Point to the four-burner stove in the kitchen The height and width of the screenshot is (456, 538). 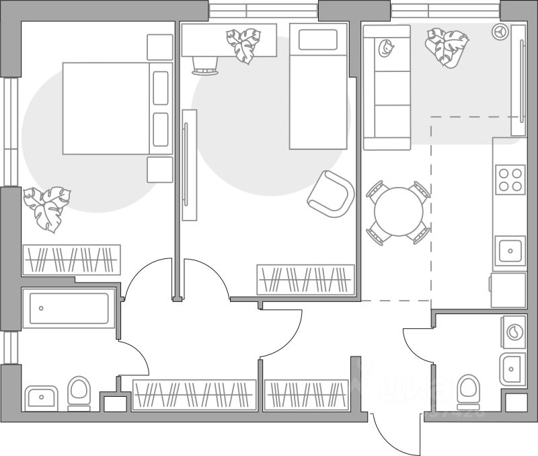click(x=509, y=180)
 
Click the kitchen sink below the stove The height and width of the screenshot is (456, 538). click(x=509, y=252)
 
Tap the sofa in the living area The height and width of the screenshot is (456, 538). click(x=387, y=87)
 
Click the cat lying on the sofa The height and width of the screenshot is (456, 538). click(x=387, y=48)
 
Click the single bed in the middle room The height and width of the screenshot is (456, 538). click(x=318, y=87)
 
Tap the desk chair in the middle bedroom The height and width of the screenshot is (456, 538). click(x=205, y=65)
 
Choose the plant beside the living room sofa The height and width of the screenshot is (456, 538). click(x=446, y=46)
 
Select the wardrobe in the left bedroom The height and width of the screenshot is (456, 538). click(x=71, y=260)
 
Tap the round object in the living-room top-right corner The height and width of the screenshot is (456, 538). click(x=501, y=30)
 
